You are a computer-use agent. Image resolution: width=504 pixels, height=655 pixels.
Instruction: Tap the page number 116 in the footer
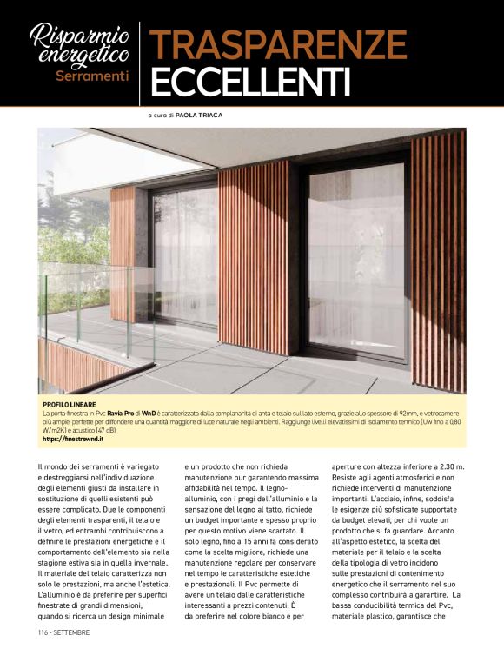(x=43, y=632)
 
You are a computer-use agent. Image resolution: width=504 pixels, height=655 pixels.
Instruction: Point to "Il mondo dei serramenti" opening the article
(x=84, y=469)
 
